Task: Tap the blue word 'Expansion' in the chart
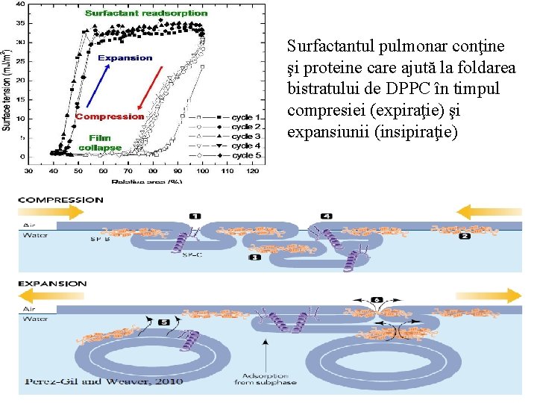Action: (125, 57)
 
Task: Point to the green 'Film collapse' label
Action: (100, 143)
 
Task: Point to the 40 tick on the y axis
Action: (22, 4)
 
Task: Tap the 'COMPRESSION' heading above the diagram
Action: (61, 199)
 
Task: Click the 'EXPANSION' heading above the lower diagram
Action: (52, 284)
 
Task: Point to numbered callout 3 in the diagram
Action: (254, 257)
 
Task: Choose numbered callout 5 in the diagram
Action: (164, 322)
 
